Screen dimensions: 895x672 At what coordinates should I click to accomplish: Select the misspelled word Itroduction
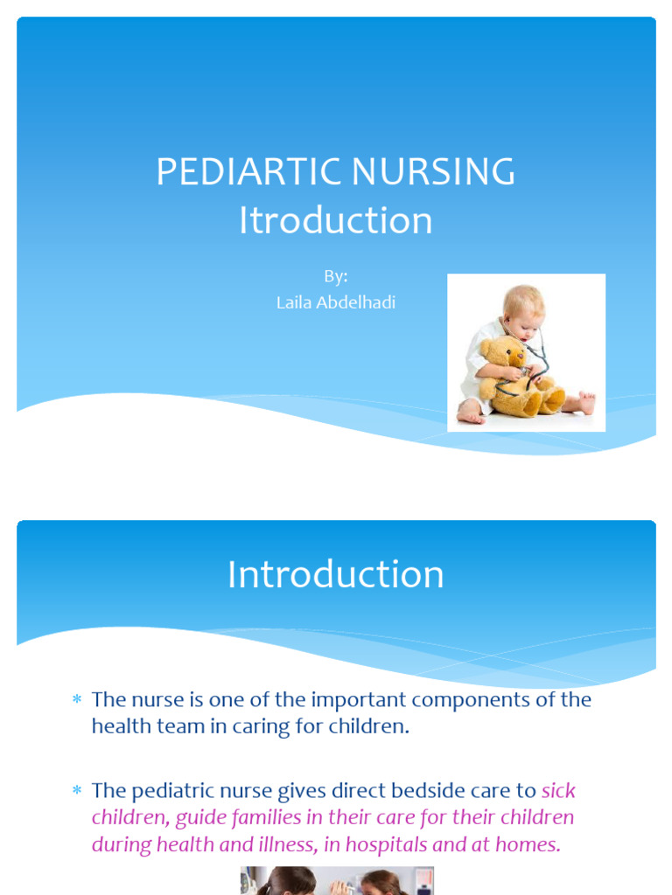tap(336, 221)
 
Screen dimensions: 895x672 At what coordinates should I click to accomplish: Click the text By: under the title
tap(336, 276)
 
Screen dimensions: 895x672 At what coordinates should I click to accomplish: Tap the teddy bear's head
tap(506, 355)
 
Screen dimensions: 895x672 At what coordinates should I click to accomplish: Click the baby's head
tap(522, 308)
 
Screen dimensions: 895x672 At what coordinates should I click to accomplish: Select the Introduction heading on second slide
tap(336, 575)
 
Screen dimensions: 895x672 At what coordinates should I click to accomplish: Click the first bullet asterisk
tap(76, 700)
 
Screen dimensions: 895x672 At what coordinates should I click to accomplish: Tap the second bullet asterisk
tap(76, 791)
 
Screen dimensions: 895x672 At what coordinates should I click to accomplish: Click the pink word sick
tap(558, 791)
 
